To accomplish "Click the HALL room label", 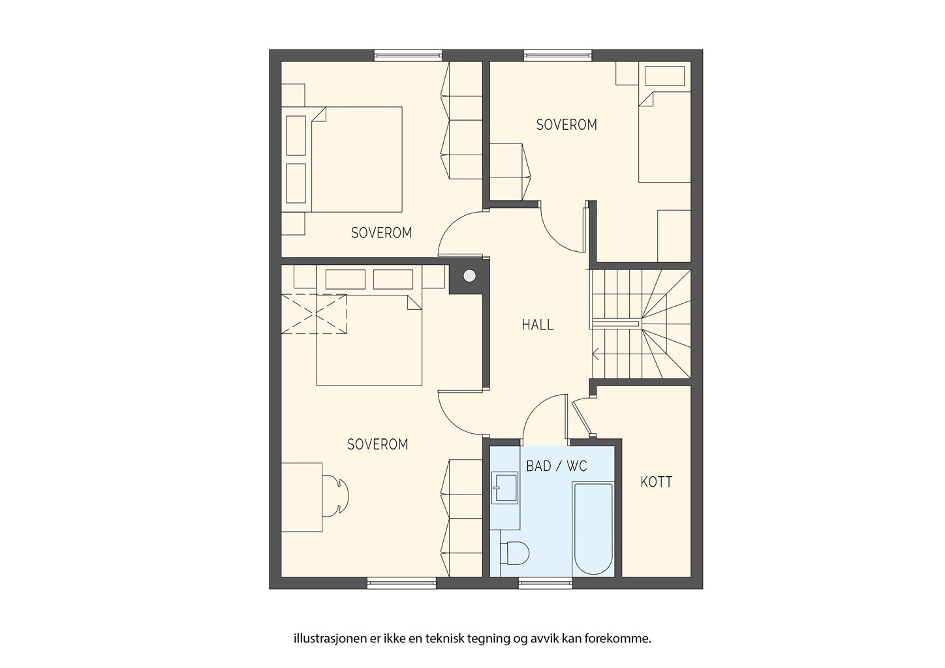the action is coord(538,325).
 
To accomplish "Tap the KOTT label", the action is coord(656,482).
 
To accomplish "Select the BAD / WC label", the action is coord(557,466).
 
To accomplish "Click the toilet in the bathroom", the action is coord(515,553).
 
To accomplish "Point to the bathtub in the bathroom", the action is coord(593,529).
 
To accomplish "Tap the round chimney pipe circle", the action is coord(469,276).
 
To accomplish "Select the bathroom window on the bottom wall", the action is coord(546,583).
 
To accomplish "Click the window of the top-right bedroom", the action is coord(558,55).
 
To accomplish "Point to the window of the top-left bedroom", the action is coord(408,55).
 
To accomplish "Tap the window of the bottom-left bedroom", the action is coord(401,583).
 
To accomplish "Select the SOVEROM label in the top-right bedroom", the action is coord(566,125).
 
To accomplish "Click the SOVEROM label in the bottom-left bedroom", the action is coord(378,444).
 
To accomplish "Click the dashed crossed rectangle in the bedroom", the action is coord(314,314).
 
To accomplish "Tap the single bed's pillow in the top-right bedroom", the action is coord(664,76).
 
